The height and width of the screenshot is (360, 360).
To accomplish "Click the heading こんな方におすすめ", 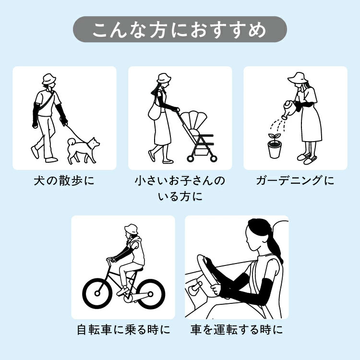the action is [180, 30].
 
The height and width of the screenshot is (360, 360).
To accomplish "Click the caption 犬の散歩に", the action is [64, 180].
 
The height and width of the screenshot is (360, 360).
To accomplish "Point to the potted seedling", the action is [275, 146].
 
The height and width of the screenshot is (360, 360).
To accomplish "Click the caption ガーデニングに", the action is [295, 180].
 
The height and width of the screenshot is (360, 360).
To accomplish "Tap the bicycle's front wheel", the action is [97, 293].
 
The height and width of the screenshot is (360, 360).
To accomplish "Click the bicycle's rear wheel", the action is [150, 294].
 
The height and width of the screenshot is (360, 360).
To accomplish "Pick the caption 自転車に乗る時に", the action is [123, 330].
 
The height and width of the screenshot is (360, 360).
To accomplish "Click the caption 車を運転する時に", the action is [237, 330].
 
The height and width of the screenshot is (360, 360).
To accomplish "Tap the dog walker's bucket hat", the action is [49, 79].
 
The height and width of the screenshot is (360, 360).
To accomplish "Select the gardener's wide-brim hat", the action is [298, 78].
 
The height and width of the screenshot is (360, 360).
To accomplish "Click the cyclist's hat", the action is [131, 229].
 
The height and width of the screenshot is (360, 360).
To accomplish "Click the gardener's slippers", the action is [307, 158].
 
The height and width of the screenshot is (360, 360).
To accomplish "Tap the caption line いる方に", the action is [180, 196].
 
